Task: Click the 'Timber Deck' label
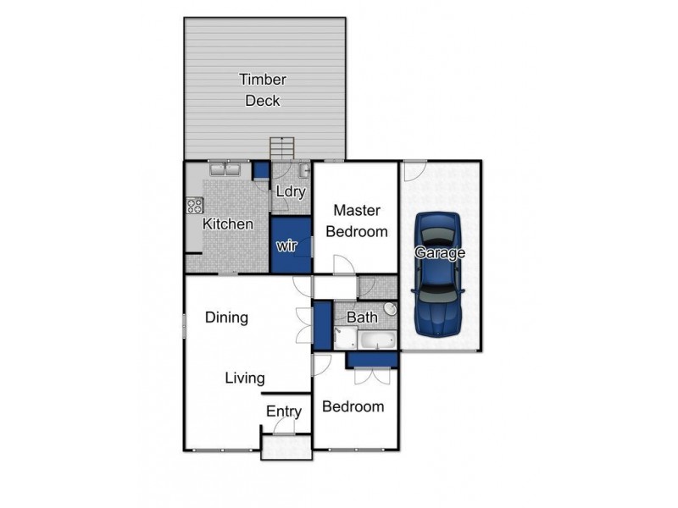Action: pyautogui.click(x=263, y=91)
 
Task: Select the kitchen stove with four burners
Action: pyautogui.click(x=194, y=205)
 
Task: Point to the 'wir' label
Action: pyautogui.click(x=289, y=246)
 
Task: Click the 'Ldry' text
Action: pyautogui.click(x=290, y=191)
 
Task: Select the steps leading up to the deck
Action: pyautogui.click(x=281, y=148)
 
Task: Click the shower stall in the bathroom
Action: pyautogui.click(x=343, y=340)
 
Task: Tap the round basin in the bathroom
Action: pyautogui.click(x=390, y=309)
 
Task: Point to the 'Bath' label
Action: pyautogui.click(x=362, y=317)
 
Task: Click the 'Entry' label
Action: pyautogui.click(x=284, y=411)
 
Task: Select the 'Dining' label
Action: pyautogui.click(x=226, y=318)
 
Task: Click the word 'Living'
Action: pyautogui.click(x=245, y=378)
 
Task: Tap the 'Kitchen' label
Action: pyautogui.click(x=227, y=224)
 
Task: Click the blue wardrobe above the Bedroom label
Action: pyautogui.click(x=372, y=359)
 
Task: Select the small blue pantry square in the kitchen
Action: pyautogui.click(x=260, y=169)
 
